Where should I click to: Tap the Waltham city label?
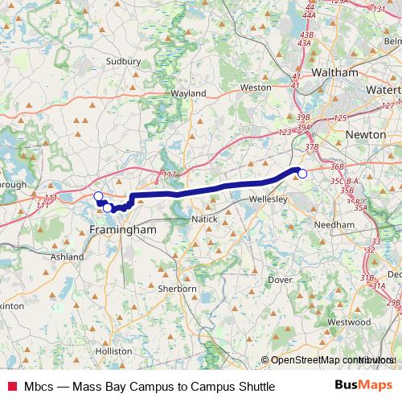pyautogui.click(x=334, y=72)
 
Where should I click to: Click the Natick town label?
pyautogui.click(x=204, y=219)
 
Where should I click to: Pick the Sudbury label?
pyautogui.click(x=123, y=59)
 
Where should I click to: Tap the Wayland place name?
pyautogui.click(x=189, y=93)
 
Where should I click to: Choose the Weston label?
pyautogui.click(x=256, y=87)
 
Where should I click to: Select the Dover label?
pyautogui.click(x=280, y=280)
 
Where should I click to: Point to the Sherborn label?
pyautogui.click(x=178, y=288)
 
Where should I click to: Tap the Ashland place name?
pyautogui.click(x=67, y=256)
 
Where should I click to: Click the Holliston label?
pyautogui.click(x=113, y=351)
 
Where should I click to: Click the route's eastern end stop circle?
pyautogui.click(x=302, y=173)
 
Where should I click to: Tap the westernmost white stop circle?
pyautogui.click(x=98, y=196)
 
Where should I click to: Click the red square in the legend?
pyautogui.click(x=11, y=387)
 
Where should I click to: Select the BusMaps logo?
pyautogui.click(x=363, y=386)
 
